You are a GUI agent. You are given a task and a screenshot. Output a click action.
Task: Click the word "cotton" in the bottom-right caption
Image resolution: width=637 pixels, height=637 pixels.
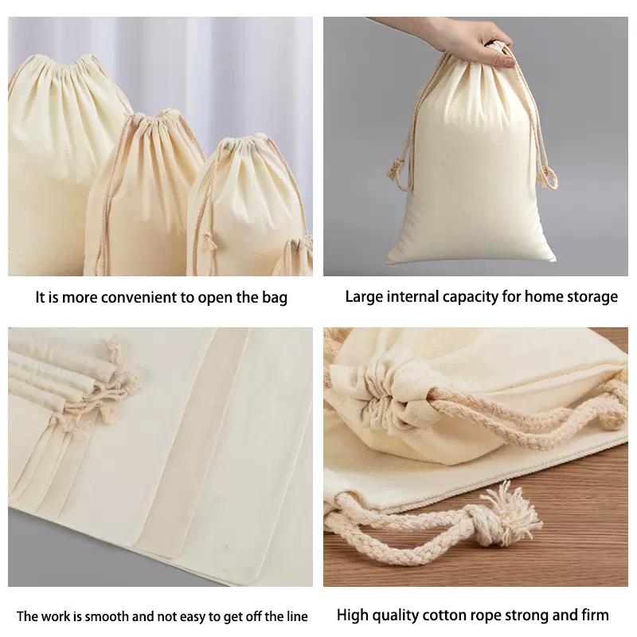(445, 615)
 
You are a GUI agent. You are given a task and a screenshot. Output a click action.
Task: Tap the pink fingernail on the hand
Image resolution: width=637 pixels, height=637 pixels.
(508, 62)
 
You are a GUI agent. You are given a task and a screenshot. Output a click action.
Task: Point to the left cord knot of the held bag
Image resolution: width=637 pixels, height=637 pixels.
(395, 169)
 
